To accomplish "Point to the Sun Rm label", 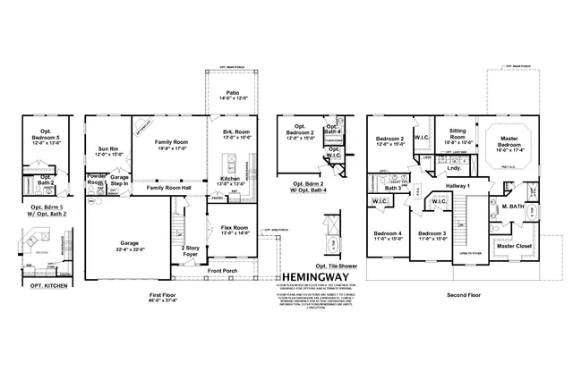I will [x=106, y=151].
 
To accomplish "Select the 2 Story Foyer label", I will [x=190, y=249].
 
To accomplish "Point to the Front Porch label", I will [x=225, y=270].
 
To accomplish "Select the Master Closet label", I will [x=517, y=245].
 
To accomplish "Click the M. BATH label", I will [x=512, y=206].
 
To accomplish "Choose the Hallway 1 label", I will [x=457, y=183].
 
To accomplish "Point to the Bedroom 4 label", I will [x=388, y=235].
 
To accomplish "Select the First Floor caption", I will [x=162, y=292].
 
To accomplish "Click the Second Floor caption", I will [x=462, y=292].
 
